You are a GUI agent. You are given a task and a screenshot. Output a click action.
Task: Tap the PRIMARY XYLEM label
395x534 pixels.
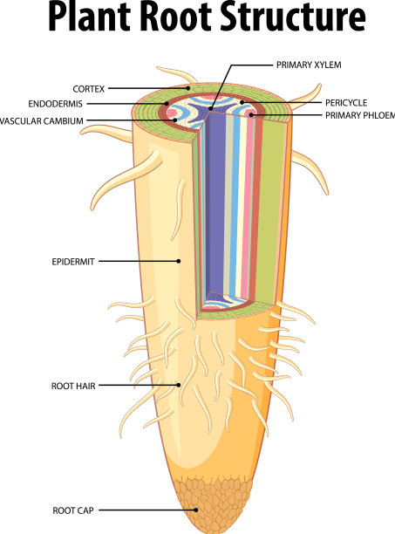(x=309, y=65)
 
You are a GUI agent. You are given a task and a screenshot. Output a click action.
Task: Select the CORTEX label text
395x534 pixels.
(x=88, y=89)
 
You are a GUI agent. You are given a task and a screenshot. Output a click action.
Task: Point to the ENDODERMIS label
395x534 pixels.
(x=56, y=104)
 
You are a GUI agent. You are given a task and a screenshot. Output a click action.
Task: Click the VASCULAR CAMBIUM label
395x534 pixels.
(x=42, y=121)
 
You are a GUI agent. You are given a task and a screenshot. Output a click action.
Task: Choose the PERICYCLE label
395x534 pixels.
(x=346, y=103)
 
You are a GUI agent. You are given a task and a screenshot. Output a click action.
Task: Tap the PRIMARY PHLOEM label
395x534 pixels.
(x=360, y=115)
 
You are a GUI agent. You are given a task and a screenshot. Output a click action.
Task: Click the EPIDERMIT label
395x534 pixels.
(x=73, y=262)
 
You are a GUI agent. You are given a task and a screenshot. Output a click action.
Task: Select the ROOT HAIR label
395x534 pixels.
(x=73, y=386)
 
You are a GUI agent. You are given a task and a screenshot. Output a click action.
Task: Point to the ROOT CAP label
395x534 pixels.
(x=72, y=510)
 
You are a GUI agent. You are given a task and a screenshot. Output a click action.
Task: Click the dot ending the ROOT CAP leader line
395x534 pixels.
(x=196, y=510)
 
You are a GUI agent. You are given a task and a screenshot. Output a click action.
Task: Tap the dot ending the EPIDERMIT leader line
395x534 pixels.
(x=178, y=261)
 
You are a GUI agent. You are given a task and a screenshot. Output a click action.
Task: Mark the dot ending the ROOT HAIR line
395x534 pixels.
(x=178, y=385)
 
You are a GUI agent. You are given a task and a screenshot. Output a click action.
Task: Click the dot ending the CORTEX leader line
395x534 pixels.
(x=187, y=88)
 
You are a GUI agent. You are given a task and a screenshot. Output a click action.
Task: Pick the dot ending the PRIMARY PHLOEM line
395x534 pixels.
(x=251, y=115)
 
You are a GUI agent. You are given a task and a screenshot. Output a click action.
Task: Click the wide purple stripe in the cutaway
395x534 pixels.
(x=215, y=204)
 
